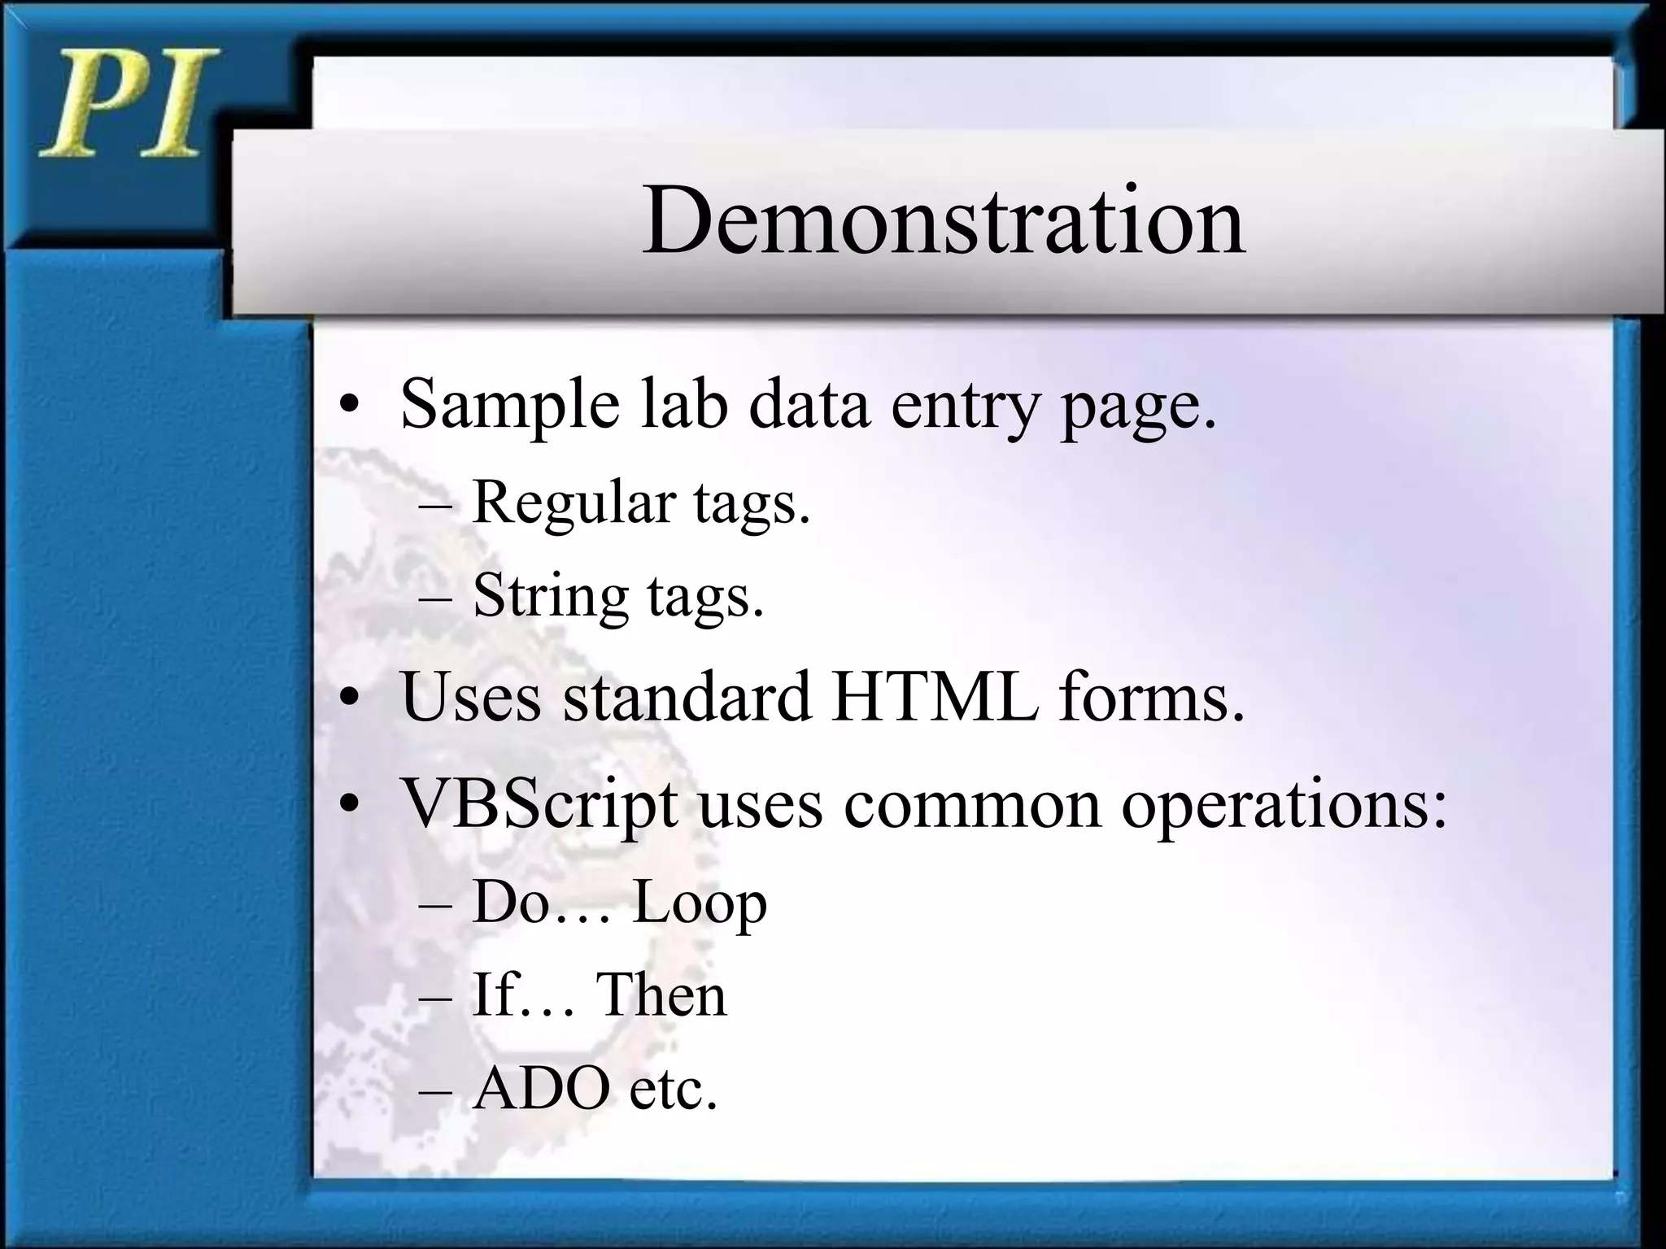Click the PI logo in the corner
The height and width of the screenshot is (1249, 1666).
tap(129, 104)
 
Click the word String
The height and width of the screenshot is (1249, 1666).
tap(550, 596)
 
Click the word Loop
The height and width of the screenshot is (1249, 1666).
tap(699, 903)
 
